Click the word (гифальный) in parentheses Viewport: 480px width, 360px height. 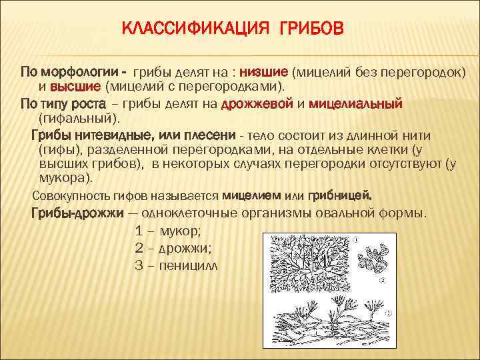pos(79,119)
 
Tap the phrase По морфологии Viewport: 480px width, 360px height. pos(69,71)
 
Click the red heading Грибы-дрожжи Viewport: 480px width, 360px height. pos(77,213)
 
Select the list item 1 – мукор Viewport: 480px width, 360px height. pos(167,231)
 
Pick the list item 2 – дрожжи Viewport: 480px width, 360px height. pos(173,248)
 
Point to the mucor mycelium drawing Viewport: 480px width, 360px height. pos(311,260)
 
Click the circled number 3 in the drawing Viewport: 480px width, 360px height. pos(387,313)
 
